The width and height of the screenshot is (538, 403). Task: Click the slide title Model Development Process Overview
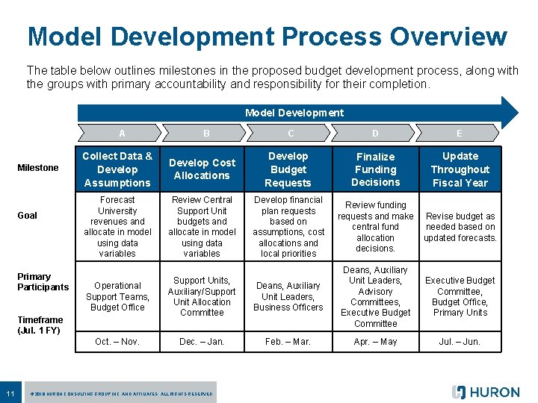pos(268,36)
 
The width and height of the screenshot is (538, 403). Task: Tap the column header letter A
pos(122,134)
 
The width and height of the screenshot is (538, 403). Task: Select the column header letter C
pos(290,134)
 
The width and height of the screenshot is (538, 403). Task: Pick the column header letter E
pos(459,134)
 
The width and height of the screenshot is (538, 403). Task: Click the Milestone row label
pos(38,168)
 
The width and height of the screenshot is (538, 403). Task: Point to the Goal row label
pos(28,216)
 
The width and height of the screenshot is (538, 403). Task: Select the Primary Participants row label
pos(43,281)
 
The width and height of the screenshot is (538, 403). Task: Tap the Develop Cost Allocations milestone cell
pos(202,169)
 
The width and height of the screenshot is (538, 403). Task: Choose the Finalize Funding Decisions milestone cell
pos(375,169)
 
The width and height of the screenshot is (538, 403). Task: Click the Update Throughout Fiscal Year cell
pos(460,169)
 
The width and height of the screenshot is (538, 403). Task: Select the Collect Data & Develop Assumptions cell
pos(117,169)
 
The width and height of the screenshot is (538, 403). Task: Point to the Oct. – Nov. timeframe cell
pos(117,342)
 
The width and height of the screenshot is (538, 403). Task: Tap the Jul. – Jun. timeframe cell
pos(460,342)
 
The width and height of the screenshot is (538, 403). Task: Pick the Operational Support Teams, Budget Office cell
pos(117,296)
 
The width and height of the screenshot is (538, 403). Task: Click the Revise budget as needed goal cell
pos(460,227)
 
